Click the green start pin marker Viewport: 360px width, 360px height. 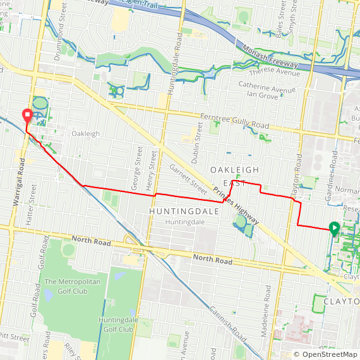334,229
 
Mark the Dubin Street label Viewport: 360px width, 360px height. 198,140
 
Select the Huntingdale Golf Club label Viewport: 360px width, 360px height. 116,325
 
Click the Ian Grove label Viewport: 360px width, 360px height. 263,95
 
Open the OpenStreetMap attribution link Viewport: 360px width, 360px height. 326,354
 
